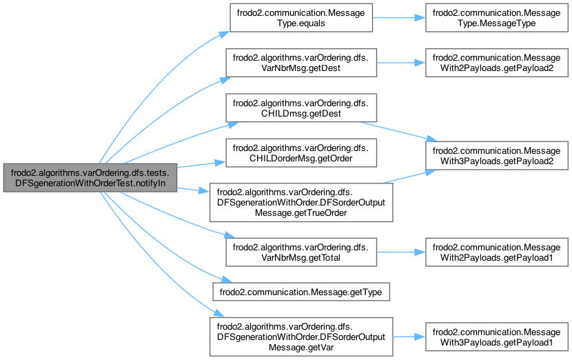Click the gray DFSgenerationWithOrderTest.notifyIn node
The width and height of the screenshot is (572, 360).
[x=91, y=178]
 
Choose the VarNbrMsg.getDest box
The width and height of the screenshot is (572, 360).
[x=300, y=62]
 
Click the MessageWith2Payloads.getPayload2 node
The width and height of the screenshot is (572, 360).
[x=498, y=62]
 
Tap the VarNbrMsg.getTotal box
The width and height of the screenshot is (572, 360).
[x=300, y=252]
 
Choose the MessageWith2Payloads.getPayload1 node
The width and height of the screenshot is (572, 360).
[x=498, y=252]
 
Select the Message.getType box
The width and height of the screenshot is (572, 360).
[x=302, y=292]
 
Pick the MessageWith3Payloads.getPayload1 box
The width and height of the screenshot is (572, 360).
[x=498, y=337]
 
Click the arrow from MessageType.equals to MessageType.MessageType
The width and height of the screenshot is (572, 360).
[x=398, y=20]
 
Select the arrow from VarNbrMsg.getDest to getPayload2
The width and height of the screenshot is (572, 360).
[x=398, y=62]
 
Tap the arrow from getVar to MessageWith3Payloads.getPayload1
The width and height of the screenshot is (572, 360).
[x=408, y=337]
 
